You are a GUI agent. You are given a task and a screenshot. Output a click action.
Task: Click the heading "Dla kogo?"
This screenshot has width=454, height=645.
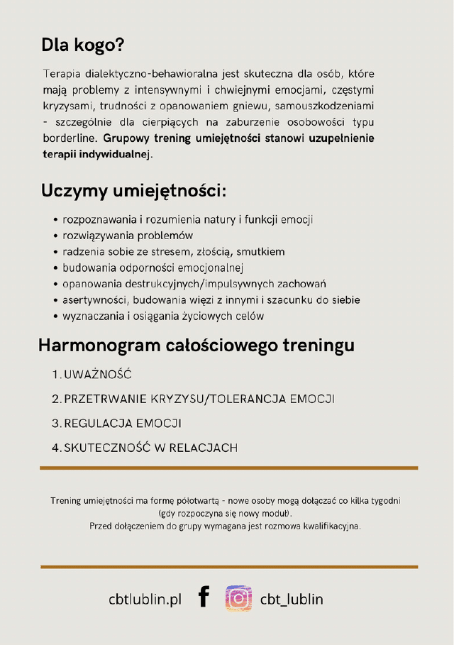pyautogui.click(x=83, y=45)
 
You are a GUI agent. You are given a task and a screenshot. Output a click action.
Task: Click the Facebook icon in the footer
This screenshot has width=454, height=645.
pyautogui.click(x=204, y=597)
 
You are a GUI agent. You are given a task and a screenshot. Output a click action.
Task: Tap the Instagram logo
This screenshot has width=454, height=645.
pyautogui.click(x=238, y=598)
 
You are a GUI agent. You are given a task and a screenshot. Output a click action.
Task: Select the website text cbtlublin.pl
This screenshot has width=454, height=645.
pyautogui.click(x=145, y=599)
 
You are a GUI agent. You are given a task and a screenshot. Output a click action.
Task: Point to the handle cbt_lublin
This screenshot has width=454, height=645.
pyautogui.click(x=292, y=599)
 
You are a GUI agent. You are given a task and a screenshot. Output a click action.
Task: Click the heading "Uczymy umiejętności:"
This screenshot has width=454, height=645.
pyautogui.click(x=133, y=190)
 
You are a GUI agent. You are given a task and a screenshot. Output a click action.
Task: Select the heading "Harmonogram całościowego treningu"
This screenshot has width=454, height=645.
pyautogui.click(x=196, y=346)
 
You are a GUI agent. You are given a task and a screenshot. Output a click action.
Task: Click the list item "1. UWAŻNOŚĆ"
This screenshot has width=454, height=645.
pyautogui.click(x=92, y=375)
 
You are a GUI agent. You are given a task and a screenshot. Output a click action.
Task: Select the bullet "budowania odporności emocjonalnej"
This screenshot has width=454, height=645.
pyautogui.click(x=153, y=268)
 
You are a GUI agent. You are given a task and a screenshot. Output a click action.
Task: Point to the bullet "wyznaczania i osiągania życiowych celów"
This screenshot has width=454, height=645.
pyautogui.click(x=163, y=316)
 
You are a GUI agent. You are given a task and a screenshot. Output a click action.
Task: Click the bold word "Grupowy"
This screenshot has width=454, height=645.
pyautogui.click(x=127, y=138)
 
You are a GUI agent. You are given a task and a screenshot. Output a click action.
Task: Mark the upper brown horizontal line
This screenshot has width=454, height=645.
pyautogui.click(x=228, y=468)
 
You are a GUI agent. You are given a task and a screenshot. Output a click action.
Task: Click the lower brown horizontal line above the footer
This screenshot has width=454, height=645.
pyautogui.click(x=228, y=567)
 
